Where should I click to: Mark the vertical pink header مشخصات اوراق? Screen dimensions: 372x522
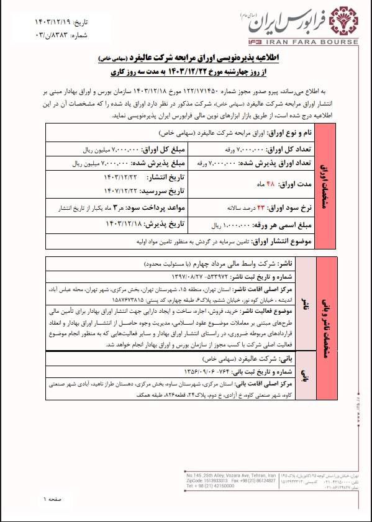pos(325,186)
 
